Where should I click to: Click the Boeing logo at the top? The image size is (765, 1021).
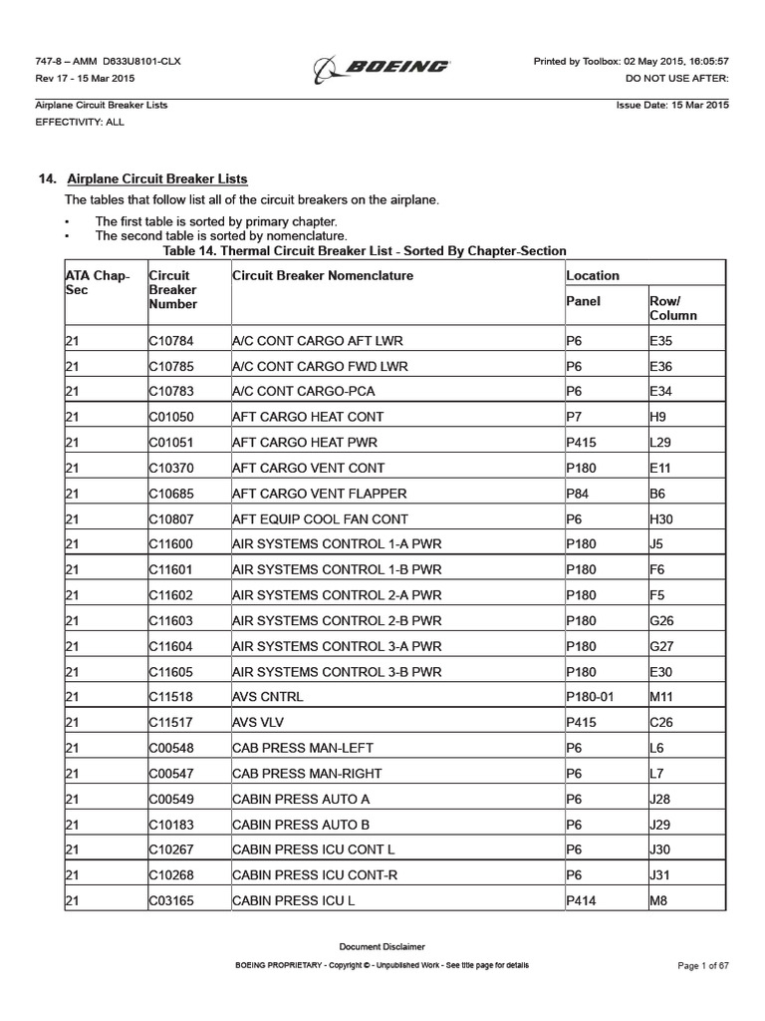tap(382, 67)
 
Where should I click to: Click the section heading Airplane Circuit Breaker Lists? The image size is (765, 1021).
tap(156, 178)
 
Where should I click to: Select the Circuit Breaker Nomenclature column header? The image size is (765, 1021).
tap(322, 275)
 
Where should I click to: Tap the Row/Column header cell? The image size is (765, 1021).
tap(672, 307)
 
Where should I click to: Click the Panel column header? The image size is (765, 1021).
tap(583, 300)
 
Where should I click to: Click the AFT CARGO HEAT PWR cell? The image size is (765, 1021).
tap(305, 442)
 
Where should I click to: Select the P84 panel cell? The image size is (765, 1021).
tap(578, 493)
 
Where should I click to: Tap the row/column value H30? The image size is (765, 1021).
tap(661, 518)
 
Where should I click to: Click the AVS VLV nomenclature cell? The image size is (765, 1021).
tap(260, 722)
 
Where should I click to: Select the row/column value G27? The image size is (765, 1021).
tap(661, 645)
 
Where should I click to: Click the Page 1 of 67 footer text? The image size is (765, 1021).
tap(702, 966)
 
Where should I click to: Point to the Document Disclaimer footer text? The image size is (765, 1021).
tap(382, 946)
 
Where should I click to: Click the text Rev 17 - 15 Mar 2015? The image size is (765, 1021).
tap(85, 78)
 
